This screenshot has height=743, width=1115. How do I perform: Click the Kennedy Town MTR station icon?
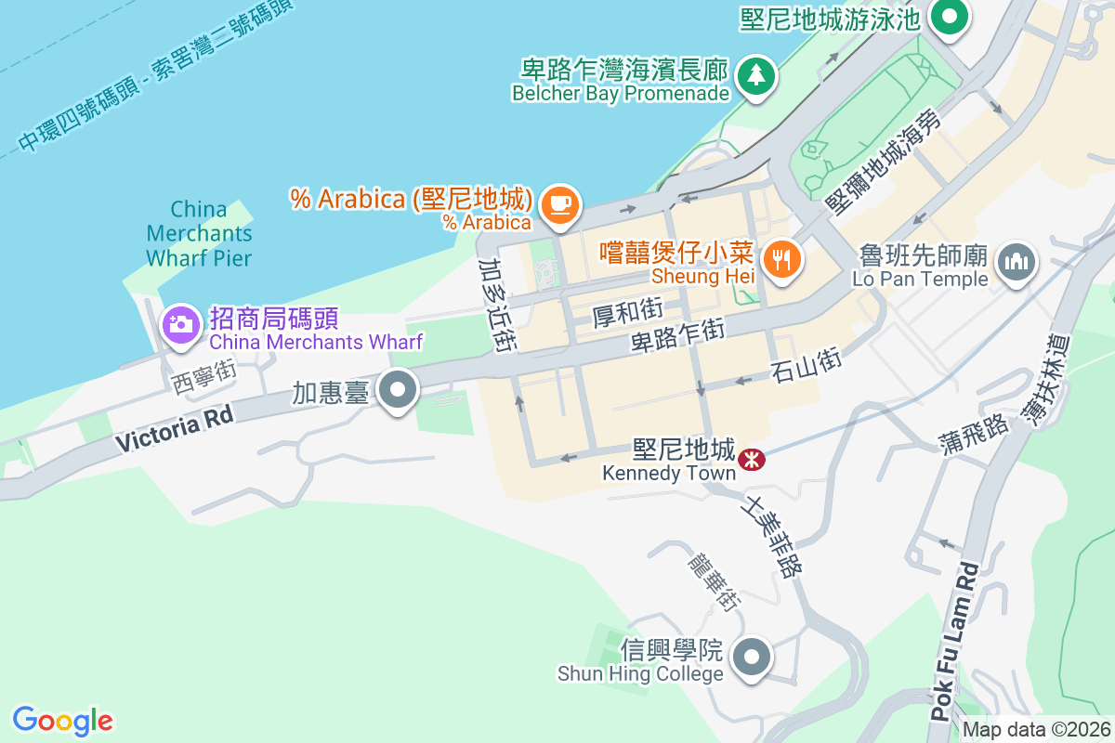(x=751, y=457)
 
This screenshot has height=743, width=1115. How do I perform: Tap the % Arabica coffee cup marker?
(x=559, y=203)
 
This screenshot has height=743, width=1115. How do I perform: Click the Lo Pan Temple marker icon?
(x=1016, y=261)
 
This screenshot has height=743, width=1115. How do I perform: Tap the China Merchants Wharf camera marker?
(x=180, y=324)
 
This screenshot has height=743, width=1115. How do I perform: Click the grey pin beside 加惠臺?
(x=400, y=391)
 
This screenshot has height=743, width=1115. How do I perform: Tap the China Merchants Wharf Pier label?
(x=199, y=233)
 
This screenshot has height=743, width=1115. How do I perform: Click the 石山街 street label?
(x=806, y=365)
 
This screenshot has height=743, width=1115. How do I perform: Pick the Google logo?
(x=62, y=721)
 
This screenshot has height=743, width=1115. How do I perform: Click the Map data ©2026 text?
(x=1036, y=729)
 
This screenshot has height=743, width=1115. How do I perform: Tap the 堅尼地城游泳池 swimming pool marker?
(x=950, y=18)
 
